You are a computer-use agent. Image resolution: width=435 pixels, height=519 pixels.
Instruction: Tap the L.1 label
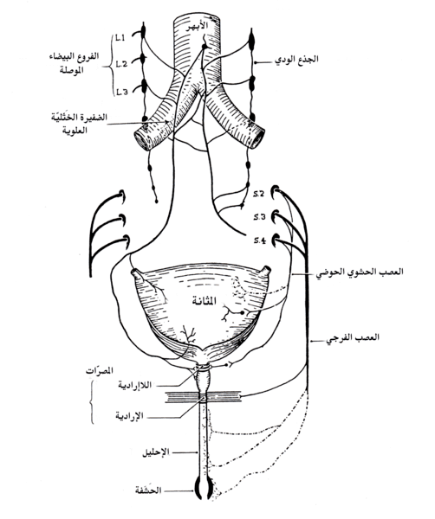coord(120,39)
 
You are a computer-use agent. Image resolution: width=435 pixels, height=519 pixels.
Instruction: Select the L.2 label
coord(121,64)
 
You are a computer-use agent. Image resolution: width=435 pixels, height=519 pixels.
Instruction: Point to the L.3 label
coord(122,93)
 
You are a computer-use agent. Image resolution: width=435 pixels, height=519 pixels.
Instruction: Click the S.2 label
coord(258,195)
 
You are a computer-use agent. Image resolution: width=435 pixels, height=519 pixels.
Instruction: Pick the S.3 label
coord(260,217)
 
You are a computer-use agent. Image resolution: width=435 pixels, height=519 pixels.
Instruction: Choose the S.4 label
coord(260,240)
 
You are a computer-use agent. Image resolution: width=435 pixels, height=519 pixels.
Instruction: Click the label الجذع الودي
coord(297,60)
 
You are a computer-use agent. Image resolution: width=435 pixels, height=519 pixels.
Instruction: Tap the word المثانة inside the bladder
coord(205,301)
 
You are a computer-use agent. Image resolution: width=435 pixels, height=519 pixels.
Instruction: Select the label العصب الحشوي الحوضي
coord(360,272)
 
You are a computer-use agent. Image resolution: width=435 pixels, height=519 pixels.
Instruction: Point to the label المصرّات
coord(99,370)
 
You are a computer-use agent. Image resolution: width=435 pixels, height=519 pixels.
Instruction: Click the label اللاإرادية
coord(134,385)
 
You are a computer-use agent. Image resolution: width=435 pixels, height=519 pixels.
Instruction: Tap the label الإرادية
coord(129,415)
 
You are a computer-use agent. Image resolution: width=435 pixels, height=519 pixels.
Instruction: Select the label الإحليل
coord(156,452)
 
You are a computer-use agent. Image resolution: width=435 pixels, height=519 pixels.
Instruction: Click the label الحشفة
coord(148,490)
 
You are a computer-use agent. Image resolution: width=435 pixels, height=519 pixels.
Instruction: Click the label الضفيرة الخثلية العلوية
coord(79,124)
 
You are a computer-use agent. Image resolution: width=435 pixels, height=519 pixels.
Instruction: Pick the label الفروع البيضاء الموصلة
coord(73,63)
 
